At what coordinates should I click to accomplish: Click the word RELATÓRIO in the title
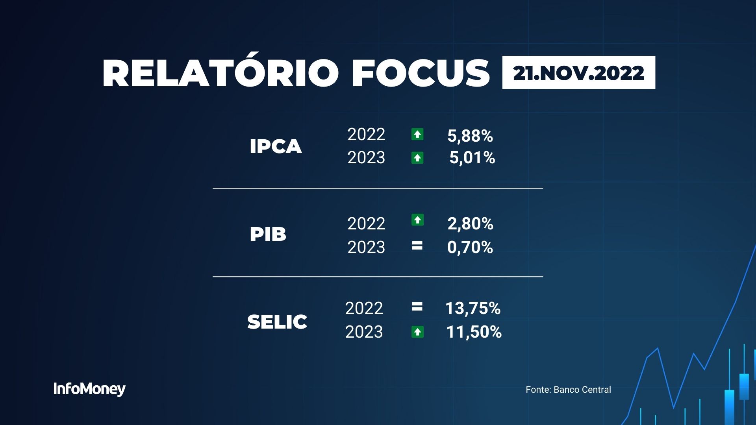pos(220,73)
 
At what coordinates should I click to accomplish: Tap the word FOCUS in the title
pos(421,73)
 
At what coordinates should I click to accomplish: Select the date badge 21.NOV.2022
pos(578,73)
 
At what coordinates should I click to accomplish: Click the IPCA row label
pos(276,147)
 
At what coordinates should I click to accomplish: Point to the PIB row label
pos(268,235)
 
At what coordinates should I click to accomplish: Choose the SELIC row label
pos(277,322)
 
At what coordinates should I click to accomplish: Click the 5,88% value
pos(470,136)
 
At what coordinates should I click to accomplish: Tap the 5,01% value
pos(472,158)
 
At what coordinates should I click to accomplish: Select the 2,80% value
pos(470,224)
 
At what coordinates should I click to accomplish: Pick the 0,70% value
pos(470,248)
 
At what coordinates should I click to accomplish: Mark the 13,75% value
pos(473,309)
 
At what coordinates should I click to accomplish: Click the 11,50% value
pos(474,332)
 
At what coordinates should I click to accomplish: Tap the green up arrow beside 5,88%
pos(417,135)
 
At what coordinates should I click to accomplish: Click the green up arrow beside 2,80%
pos(417,220)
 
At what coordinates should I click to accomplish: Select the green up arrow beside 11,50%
pos(417,332)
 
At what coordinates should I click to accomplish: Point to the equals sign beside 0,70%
pos(417,246)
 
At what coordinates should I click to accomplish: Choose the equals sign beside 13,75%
pos(417,307)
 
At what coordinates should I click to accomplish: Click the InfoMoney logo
pos(89,389)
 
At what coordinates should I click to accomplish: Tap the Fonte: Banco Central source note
pos(568,390)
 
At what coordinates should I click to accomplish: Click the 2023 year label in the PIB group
pos(366,248)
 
